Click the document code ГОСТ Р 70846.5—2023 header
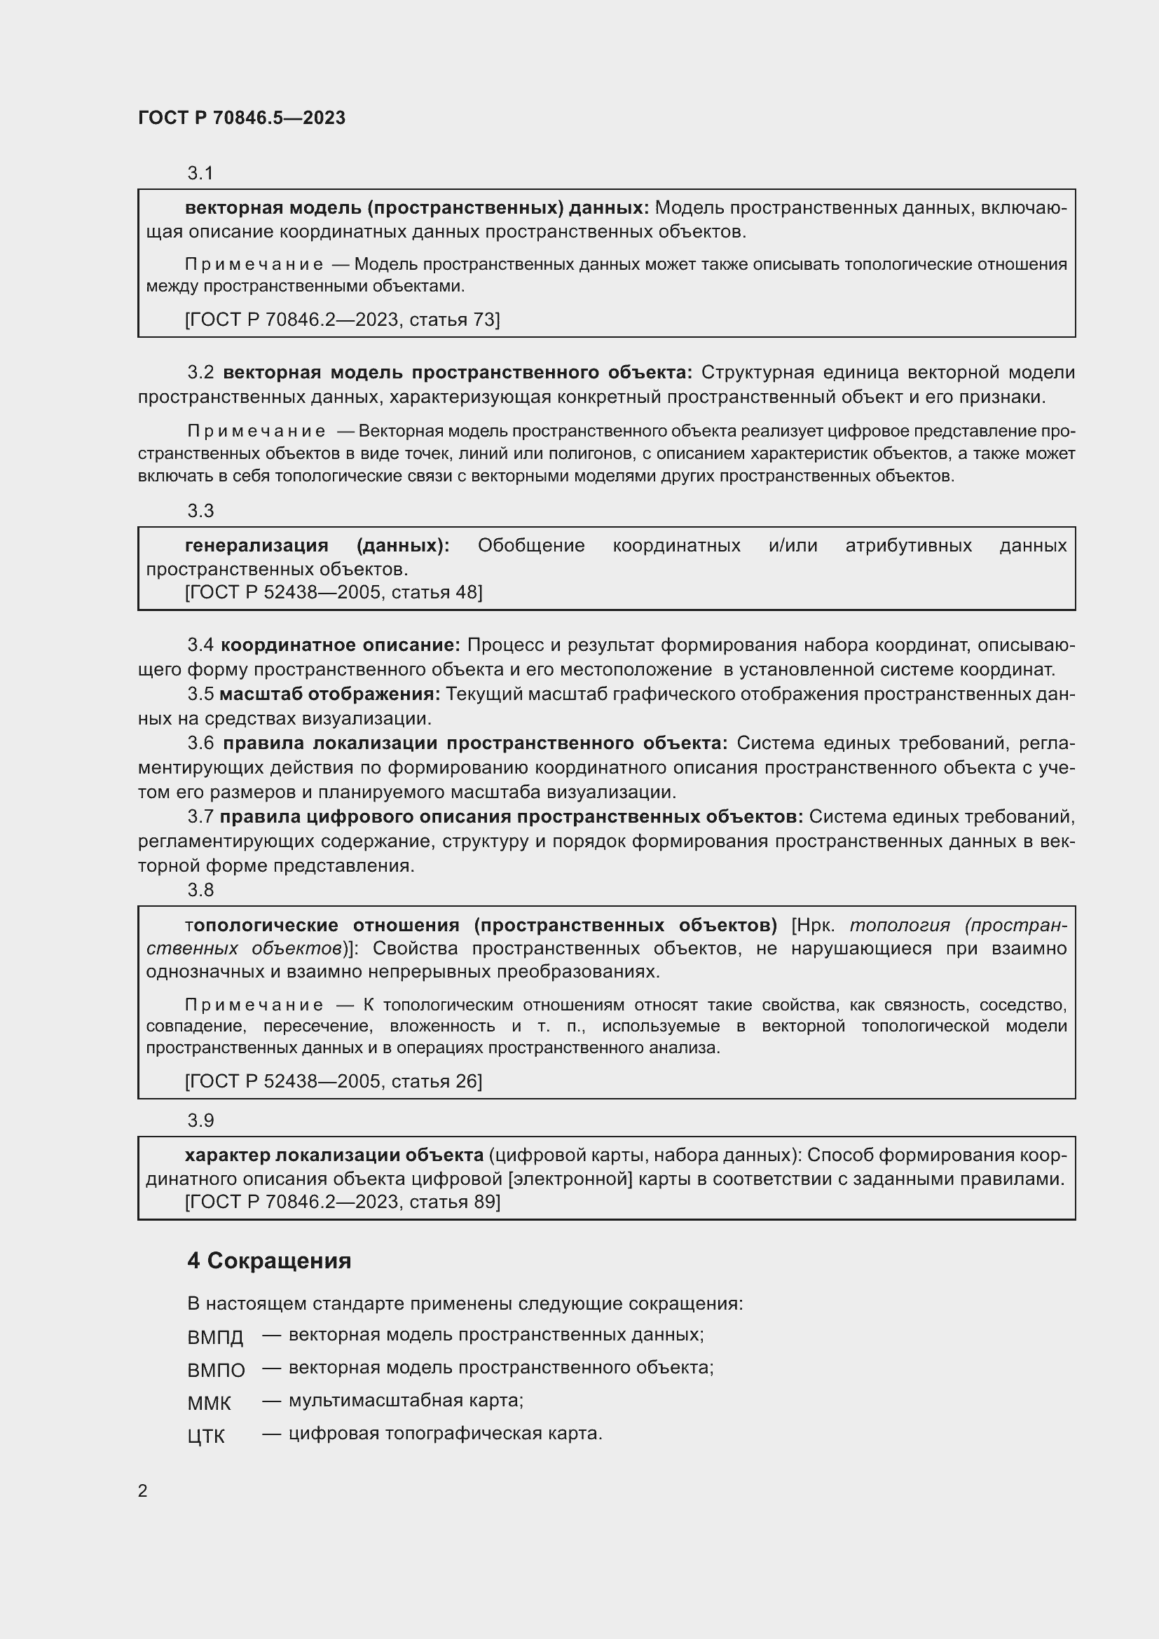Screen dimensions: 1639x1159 [x=241, y=118]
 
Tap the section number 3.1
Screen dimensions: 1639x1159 [x=200, y=173]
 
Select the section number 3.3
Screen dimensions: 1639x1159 [x=200, y=510]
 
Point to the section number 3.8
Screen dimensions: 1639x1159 [x=200, y=889]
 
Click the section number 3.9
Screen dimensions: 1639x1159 [x=200, y=1120]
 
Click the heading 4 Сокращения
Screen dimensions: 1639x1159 [x=269, y=1261]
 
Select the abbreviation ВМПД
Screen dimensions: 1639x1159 [x=215, y=1337]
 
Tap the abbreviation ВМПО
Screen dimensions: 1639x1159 [x=217, y=1370]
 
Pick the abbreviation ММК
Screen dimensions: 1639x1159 [x=209, y=1404]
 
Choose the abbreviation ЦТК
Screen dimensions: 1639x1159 [x=206, y=1436]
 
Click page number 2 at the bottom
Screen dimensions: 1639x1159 [x=143, y=1490]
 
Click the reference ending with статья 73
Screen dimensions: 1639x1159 [x=342, y=320]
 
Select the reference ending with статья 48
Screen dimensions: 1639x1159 [x=334, y=592]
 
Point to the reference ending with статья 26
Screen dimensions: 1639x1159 [x=334, y=1081]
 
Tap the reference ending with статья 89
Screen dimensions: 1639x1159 [x=343, y=1202]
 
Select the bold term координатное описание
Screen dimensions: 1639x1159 [x=341, y=645]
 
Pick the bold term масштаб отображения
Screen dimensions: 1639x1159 [x=330, y=694]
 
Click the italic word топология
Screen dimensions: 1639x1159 [x=899, y=925]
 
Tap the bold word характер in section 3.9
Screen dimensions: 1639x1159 [x=227, y=1155]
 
